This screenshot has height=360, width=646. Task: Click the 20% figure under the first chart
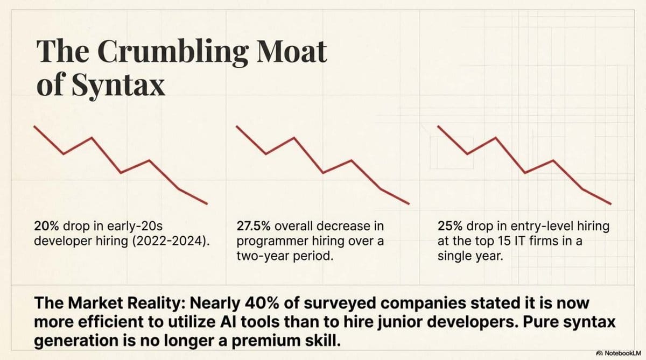(45, 227)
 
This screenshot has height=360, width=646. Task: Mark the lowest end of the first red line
(207, 203)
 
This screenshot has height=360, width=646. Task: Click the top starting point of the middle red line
(237, 126)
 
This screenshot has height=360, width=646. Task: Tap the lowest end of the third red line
(610, 203)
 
